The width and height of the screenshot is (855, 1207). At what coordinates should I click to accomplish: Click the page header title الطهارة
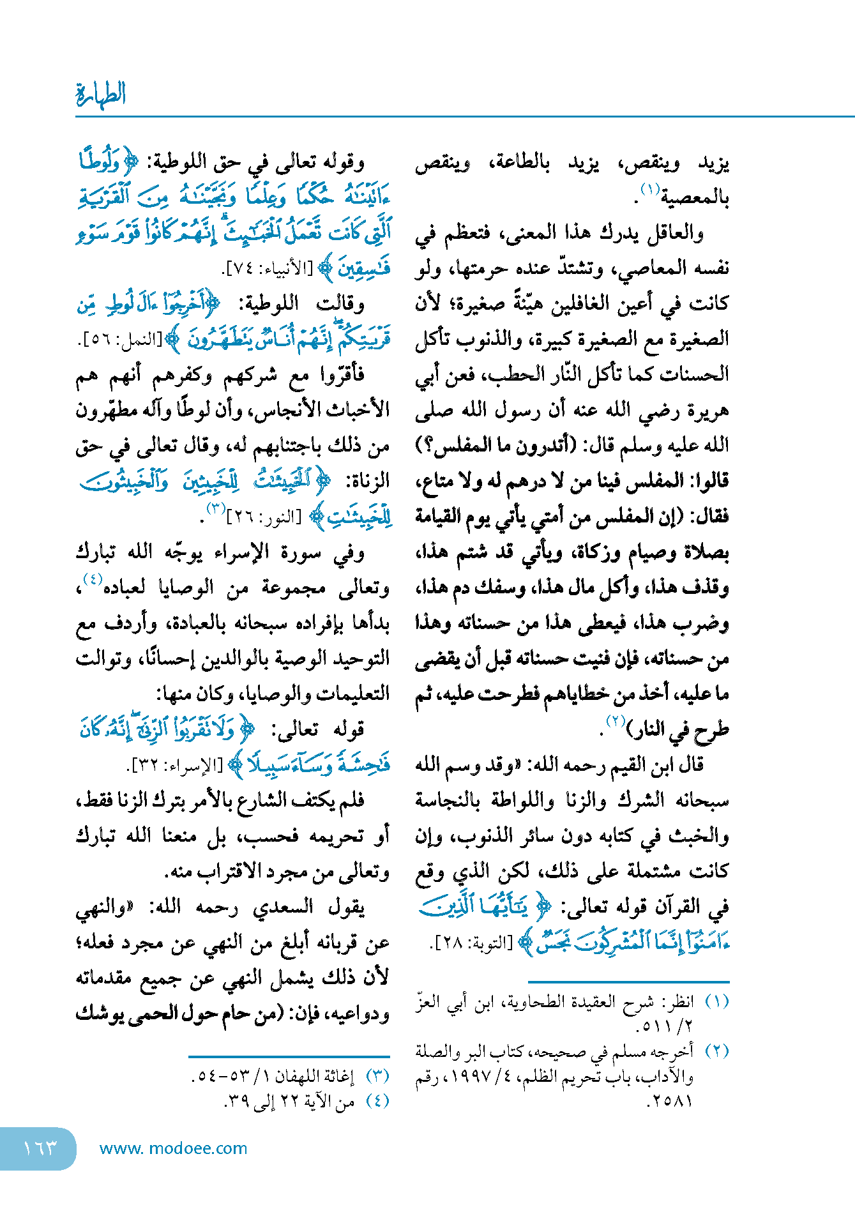[x=101, y=93]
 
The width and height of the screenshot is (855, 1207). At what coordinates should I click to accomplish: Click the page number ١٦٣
[x=40, y=1148]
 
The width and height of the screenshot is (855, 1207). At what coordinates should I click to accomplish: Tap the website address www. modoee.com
[x=173, y=1148]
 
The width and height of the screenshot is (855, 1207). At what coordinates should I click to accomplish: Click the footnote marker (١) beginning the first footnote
[x=716, y=1001]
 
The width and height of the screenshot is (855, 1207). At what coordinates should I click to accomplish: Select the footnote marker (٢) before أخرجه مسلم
[x=716, y=1051]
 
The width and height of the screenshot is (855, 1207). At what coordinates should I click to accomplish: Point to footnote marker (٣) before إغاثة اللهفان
[x=377, y=1076]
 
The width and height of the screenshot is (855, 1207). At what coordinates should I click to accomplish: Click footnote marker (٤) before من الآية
[x=377, y=1101]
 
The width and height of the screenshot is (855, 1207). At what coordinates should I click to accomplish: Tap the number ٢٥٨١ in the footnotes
[x=669, y=1101]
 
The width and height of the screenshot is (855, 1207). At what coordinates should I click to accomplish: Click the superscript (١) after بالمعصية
[x=650, y=190]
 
